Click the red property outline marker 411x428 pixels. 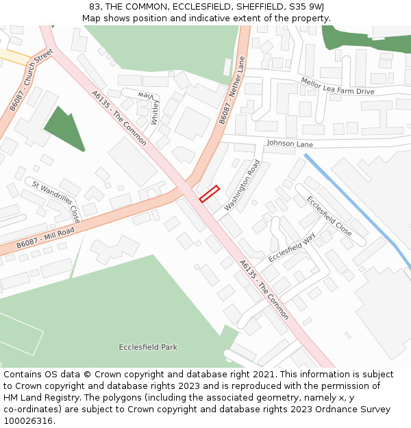[x=209, y=194]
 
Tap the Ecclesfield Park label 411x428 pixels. [x=148, y=347]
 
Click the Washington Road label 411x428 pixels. [x=242, y=185]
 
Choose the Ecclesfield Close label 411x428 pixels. [x=329, y=216]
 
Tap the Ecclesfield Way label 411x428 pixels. [x=292, y=247]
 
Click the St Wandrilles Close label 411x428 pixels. [x=56, y=201]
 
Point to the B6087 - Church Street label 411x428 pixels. [x=32, y=80]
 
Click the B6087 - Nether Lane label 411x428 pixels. [x=232, y=90]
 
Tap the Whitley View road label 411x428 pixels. [x=152, y=106]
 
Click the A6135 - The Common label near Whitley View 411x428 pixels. [x=119, y=119]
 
